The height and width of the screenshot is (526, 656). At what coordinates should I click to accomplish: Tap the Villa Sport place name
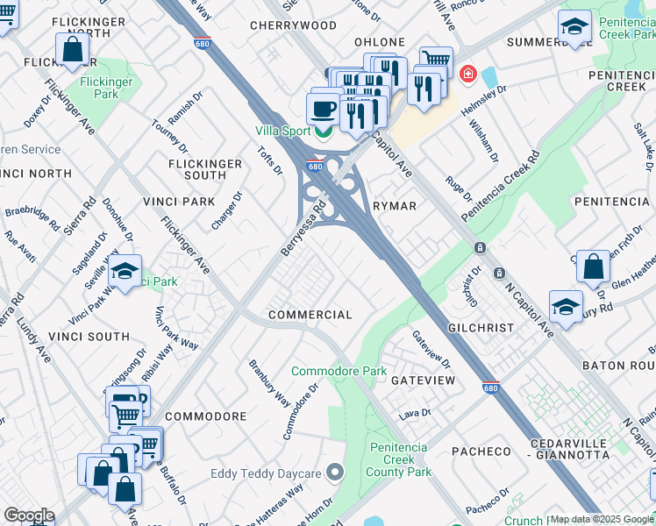282,131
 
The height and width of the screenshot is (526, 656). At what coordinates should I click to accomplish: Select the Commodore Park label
339,371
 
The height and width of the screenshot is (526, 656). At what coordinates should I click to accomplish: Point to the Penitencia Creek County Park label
401,459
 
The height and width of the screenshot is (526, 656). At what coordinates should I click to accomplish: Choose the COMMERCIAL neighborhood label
310,315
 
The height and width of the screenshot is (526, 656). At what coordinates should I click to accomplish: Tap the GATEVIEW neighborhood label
423,380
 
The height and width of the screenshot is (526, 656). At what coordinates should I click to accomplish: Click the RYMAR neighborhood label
394,205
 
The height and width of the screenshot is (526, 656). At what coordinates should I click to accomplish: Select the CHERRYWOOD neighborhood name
293,25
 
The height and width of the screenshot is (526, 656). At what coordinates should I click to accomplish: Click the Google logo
28,515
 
